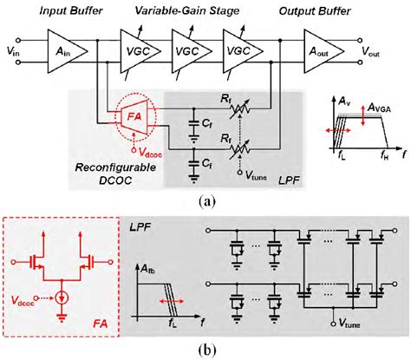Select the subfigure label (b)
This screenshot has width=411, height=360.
205,351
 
